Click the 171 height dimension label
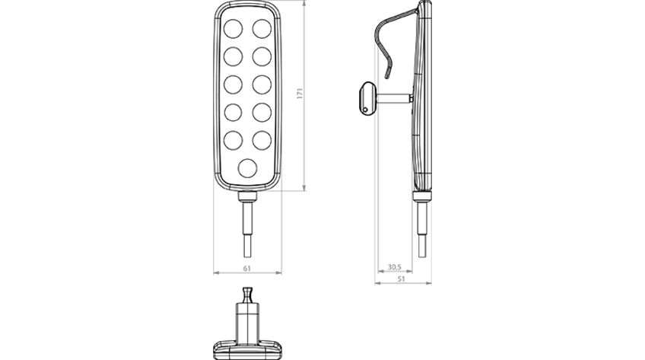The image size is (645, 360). [x=300, y=94]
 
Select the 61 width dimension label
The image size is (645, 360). [x=246, y=268]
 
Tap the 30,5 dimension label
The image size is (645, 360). [x=395, y=267]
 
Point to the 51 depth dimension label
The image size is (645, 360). [x=402, y=279]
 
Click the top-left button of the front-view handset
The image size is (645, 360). [x=234, y=29]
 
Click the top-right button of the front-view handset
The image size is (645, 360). [x=262, y=29]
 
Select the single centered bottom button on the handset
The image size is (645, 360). [x=248, y=168]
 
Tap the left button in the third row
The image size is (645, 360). [x=234, y=84]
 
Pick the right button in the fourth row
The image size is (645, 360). [x=262, y=113]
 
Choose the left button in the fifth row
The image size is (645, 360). [x=234, y=140]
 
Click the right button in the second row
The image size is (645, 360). [x=262, y=56]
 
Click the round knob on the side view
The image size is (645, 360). [x=367, y=98]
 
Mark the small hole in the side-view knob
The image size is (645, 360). [x=365, y=110]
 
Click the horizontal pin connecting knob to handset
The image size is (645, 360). [x=395, y=98]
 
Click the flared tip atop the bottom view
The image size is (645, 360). [x=247, y=295]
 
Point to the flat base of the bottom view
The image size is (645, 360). [x=248, y=350]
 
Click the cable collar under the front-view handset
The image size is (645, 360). [x=248, y=196]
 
